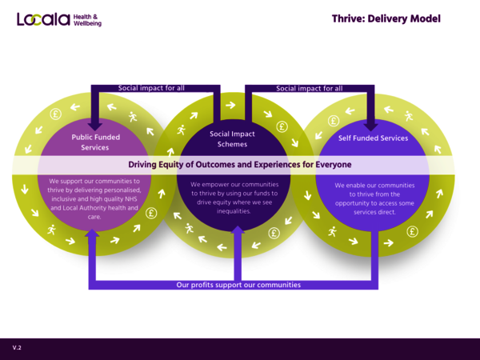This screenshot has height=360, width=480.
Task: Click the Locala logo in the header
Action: pyautogui.click(x=43, y=18)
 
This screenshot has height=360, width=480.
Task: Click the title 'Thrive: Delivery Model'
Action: pyautogui.click(x=386, y=18)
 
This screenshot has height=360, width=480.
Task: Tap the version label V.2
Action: pyautogui.click(x=17, y=348)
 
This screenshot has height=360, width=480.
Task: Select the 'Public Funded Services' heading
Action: pyautogui.click(x=95, y=142)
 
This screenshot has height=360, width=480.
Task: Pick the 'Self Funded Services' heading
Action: pyautogui.click(x=373, y=138)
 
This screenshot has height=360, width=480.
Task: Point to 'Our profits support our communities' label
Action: pyautogui.click(x=238, y=285)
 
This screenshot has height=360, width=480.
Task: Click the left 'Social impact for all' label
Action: pyautogui.click(x=151, y=88)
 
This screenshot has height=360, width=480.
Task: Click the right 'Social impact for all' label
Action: pyautogui.click(x=310, y=88)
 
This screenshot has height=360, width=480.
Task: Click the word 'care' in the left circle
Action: pyautogui.click(x=94, y=217)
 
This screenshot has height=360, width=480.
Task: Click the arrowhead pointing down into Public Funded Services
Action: pyautogui.click(x=95, y=125)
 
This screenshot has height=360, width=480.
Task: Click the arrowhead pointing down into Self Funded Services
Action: pyautogui.click(x=372, y=125)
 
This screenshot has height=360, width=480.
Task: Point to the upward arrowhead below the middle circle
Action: pyautogui.click(x=238, y=230)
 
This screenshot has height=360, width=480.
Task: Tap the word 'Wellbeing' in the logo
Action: pyautogui.click(x=87, y=23)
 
